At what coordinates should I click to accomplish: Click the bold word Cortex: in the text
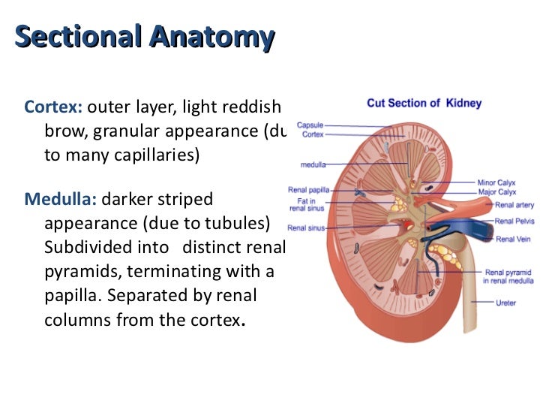(52, 107)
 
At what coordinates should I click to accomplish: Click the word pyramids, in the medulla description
(82, 271)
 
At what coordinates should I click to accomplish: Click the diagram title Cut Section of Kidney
(424, 103)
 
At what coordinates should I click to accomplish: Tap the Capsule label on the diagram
(310, 125)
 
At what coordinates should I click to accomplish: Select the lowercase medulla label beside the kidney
(313, 164)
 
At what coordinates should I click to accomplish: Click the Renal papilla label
(306, 190)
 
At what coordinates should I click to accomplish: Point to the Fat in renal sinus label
(307, 204)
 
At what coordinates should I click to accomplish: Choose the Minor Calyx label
(496, 182)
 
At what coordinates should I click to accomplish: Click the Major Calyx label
(496, 191)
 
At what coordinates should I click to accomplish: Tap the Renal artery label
(514, 204)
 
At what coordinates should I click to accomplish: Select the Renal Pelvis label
(514, 222)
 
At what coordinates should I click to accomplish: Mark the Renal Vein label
(512, 239)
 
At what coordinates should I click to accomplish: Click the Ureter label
(505, 303)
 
